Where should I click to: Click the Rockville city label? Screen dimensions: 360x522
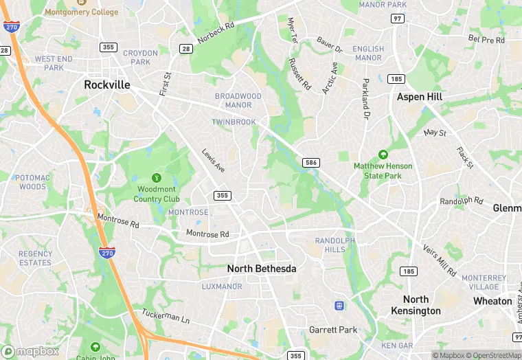(106, 85)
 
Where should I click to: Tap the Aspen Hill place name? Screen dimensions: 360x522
(419, 98)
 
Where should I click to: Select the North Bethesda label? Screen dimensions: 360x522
(262, 269)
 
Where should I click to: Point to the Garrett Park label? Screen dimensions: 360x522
(333, 330)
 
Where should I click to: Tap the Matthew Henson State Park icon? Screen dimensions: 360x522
(383, 155)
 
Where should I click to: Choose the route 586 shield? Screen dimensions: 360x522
(310, 162)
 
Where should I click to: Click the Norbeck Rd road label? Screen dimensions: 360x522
(216, 33)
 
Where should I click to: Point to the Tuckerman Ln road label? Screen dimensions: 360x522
(165, 317)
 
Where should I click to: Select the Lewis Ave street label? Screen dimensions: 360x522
(213, 161)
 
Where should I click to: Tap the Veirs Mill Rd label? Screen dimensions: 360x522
(440, 260)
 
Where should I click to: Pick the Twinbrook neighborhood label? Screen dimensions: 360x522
(234, 122)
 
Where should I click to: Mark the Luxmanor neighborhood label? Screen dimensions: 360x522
(222, 286)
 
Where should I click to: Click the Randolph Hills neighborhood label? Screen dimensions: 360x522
(335, 245)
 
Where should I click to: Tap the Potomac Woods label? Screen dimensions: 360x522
(32, 182)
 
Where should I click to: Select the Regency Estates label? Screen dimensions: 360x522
(35, 258)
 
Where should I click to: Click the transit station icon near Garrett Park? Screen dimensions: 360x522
(339, 305)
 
